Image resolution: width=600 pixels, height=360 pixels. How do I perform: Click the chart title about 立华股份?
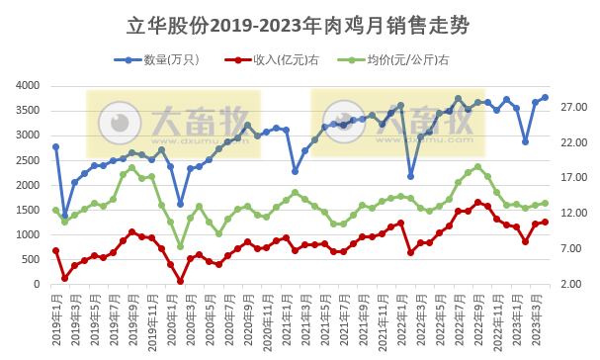pyautogui.click(x=299, y=24)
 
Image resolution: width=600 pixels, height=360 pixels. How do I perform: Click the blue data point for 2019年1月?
pyautogui.click(x=55, y=146)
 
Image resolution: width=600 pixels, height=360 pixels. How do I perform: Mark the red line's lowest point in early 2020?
pyautogui.click(x=180, y=281)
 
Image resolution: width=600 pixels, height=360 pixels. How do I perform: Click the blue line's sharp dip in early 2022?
pyautogui.click(x=410, y=176)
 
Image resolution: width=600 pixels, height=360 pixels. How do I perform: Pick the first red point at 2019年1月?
pyautogui.click(x=55, y=250)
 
